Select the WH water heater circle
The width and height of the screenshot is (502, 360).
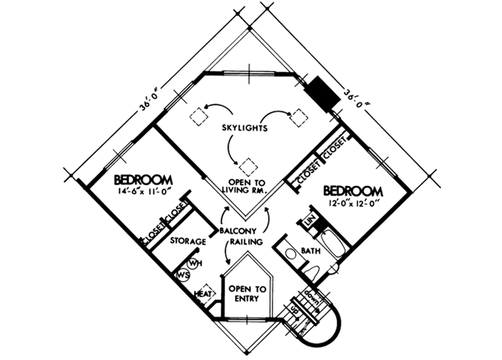point(194,264)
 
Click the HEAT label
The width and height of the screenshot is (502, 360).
point(202,294)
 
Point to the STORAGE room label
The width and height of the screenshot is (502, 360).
point(187,242)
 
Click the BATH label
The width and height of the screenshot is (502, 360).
point(310,251)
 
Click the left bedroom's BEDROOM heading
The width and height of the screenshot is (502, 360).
point(143,179)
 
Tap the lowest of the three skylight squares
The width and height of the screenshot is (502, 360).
point(248,163)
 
